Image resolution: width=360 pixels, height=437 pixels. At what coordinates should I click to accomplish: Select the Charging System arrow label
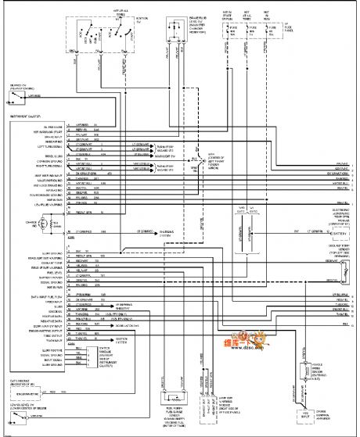point(165,232)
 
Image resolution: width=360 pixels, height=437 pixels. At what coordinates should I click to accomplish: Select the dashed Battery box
point(338,233)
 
